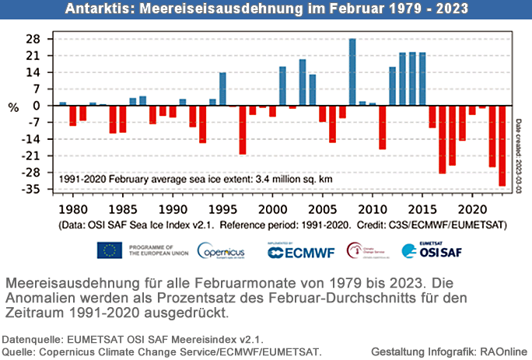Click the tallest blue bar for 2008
pyautogui.click(x=352, y=72)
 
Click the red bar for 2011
pyautogui.click(x=383, y=127)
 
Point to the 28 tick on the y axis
pyautogui.click(x=35, y=39)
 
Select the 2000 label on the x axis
pyautogui.click(x=272, y=209)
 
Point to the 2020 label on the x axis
pyautogui.click(x=472, y=209)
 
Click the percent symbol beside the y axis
pyautogui.click(x=13, y=108)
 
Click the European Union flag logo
pyautogui.click(x=110, y=250)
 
